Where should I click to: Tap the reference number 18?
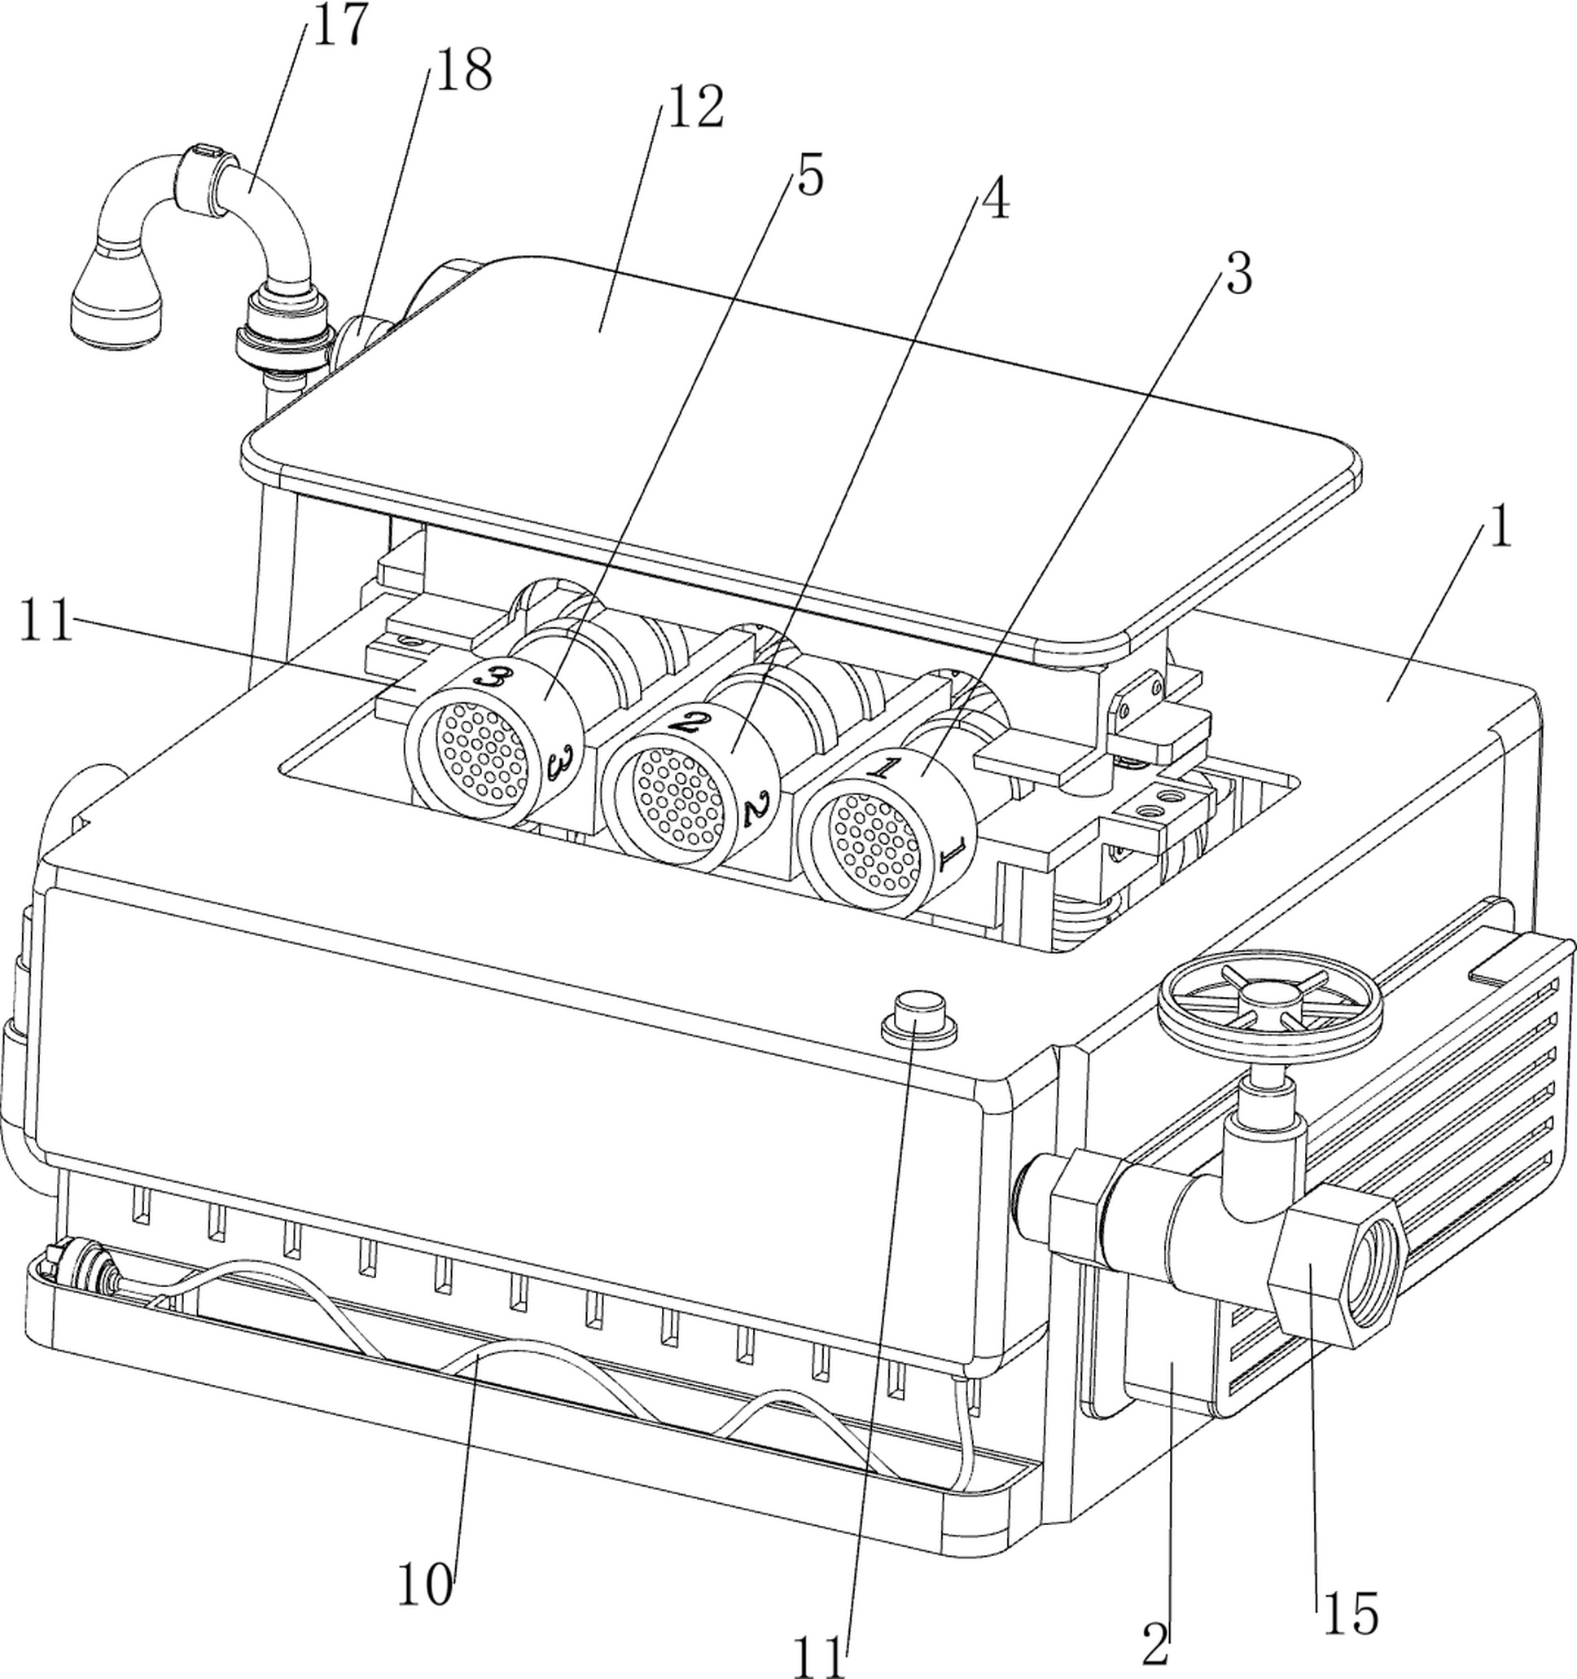(x=463, y=70)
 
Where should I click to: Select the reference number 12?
(x=694, y=108)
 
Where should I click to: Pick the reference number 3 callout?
(x=1238, y=275)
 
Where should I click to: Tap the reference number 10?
(x=425, y=1585)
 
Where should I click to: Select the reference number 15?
(x=1350, y=1614)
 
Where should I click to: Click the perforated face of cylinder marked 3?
(x=480, y=750)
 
